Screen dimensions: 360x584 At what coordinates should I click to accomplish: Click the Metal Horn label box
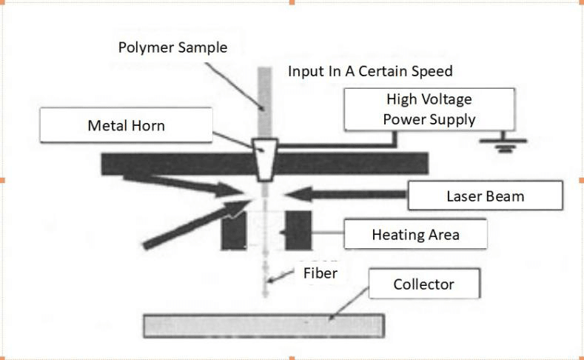[x=126, y=126]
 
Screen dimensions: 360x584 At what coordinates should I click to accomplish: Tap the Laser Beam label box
[x=485, y=196]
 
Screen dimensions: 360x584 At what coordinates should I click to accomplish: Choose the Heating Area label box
[x=415, y=235]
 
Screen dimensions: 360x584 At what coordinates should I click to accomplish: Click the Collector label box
[x=424, y=284]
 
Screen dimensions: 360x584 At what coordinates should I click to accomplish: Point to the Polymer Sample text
[x=172, y=47]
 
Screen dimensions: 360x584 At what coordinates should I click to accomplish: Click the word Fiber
[x=320, y=273]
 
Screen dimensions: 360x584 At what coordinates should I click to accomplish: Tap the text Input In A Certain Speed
[x=370, y=71]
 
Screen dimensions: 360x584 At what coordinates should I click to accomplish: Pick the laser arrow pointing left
[x=348, y=195]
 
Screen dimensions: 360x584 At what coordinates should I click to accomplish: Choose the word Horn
[x=147, y=126]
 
